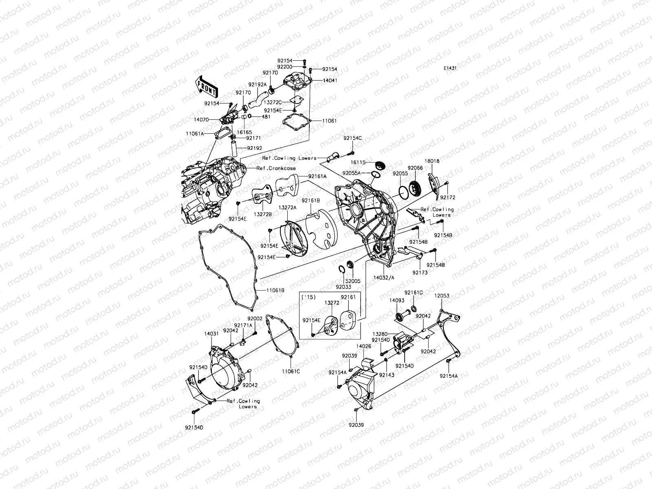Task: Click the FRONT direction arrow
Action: [207, 86]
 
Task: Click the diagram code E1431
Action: [450, 68]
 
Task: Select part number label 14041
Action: [330, 80]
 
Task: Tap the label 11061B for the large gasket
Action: [275, 291]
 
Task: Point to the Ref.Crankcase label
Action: [276, 168]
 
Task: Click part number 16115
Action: [358, 163]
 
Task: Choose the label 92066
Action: [415, 168]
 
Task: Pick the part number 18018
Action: [432, 161]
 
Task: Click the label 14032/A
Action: [384, 278]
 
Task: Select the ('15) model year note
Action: [308, 297]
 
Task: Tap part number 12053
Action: [442, 296]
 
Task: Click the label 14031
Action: [211, 334]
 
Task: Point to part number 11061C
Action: [291, 371]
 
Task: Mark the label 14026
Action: [363, 346]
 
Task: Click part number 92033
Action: [344, 287]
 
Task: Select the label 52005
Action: [353, 281]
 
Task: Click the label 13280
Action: [380, 334]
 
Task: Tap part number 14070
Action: [201, 120]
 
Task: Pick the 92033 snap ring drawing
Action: [341, 269]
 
